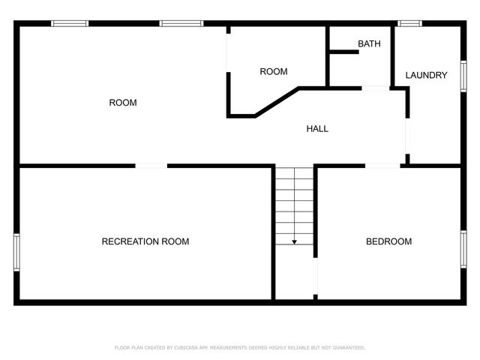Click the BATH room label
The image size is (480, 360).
pyautogui.click(x=369, y=44)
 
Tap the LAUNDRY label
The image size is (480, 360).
pyautogui.click(x=426, y=75)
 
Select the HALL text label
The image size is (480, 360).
pyautogui.click(x=317, y=129)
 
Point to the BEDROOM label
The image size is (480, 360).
pyautogui.click(x=388, y=241)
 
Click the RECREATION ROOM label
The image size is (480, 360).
pyautogui.click(x=145, y=241)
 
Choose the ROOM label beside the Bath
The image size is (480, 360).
pyautogui.click(x=274, y=72)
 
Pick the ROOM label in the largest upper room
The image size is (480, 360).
pyautogui.click(x=123, y=103)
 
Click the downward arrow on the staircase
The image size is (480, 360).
pyautogui.click(x=294, y=241)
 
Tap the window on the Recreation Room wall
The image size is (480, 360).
pyautogui.click(x=16, y=251)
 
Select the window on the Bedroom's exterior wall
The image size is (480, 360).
pyautogui.click(x=463, y=249)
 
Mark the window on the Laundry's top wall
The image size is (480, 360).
pyautogui.click(x=409, y=24)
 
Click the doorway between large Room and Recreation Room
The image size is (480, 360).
pyautogui.click(x=151, y=165)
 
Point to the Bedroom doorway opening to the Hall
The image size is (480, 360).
pyautogui.click(x=382, y=165)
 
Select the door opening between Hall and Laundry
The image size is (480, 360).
pyautogui.click(x=407, y=135)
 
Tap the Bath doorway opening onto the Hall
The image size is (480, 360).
pyautogui.click(x=375, y=88)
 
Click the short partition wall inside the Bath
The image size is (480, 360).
pyautogui.click(x=343, y=52)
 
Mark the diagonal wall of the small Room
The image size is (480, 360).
pyautogui.click(x=277, y=102)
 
